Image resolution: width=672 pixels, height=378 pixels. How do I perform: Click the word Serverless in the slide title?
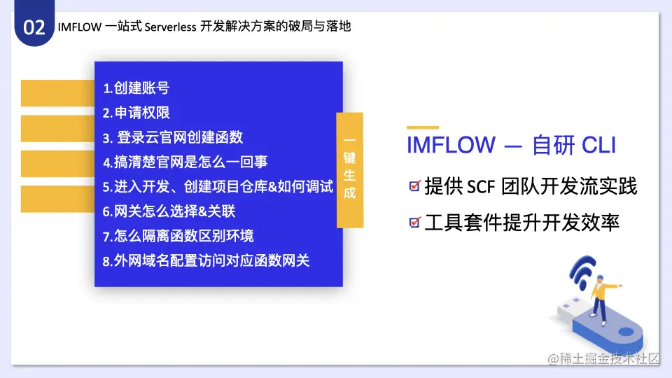170,27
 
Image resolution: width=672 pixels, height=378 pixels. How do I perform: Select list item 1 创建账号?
136,88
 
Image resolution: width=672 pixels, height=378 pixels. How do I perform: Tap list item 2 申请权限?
136,113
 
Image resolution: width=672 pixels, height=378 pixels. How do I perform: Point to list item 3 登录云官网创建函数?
173,138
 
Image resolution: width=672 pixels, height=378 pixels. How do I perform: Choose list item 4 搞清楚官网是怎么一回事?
185,162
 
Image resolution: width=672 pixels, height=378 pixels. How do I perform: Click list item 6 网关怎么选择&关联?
169,211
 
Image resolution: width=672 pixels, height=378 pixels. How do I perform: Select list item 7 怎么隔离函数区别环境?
178,236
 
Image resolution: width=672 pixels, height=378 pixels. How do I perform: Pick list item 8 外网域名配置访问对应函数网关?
206,260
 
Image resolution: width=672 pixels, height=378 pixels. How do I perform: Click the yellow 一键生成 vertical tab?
350,169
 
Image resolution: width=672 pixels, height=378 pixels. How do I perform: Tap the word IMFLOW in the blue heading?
451,145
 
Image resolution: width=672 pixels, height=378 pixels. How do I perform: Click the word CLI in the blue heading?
598,145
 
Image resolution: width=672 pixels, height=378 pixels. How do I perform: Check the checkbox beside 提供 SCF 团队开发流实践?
415,185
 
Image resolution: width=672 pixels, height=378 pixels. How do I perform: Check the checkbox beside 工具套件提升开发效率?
415,222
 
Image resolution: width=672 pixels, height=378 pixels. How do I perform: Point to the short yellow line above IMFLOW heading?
423,127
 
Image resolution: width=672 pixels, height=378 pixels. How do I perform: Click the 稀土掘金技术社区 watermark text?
603,358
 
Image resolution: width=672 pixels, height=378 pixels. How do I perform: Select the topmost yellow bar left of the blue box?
58,93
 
